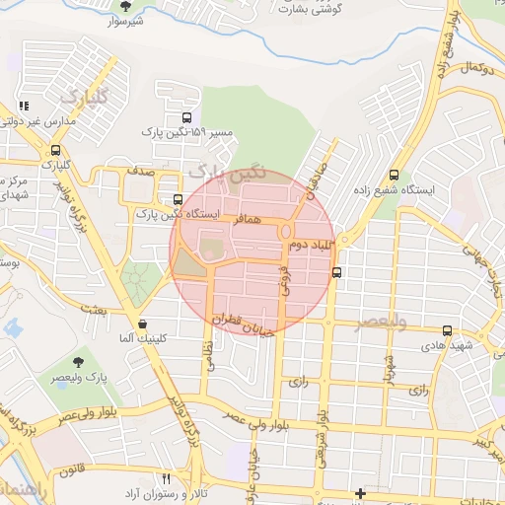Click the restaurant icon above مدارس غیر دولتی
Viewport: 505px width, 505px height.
click(x=24, y=106)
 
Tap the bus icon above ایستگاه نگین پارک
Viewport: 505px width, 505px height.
click(x=177, y=198)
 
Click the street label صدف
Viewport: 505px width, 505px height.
click(x=139, y=172)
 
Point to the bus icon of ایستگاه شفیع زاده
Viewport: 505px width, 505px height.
click(x=396, y=170)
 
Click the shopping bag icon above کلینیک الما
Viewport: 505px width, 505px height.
click(x=143, y=323)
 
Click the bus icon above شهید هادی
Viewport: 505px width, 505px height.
click(x=448, y=331)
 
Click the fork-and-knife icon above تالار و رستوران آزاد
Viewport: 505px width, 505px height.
click(x=165, y=476)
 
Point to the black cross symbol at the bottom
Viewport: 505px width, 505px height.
click(x=360, y=493)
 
